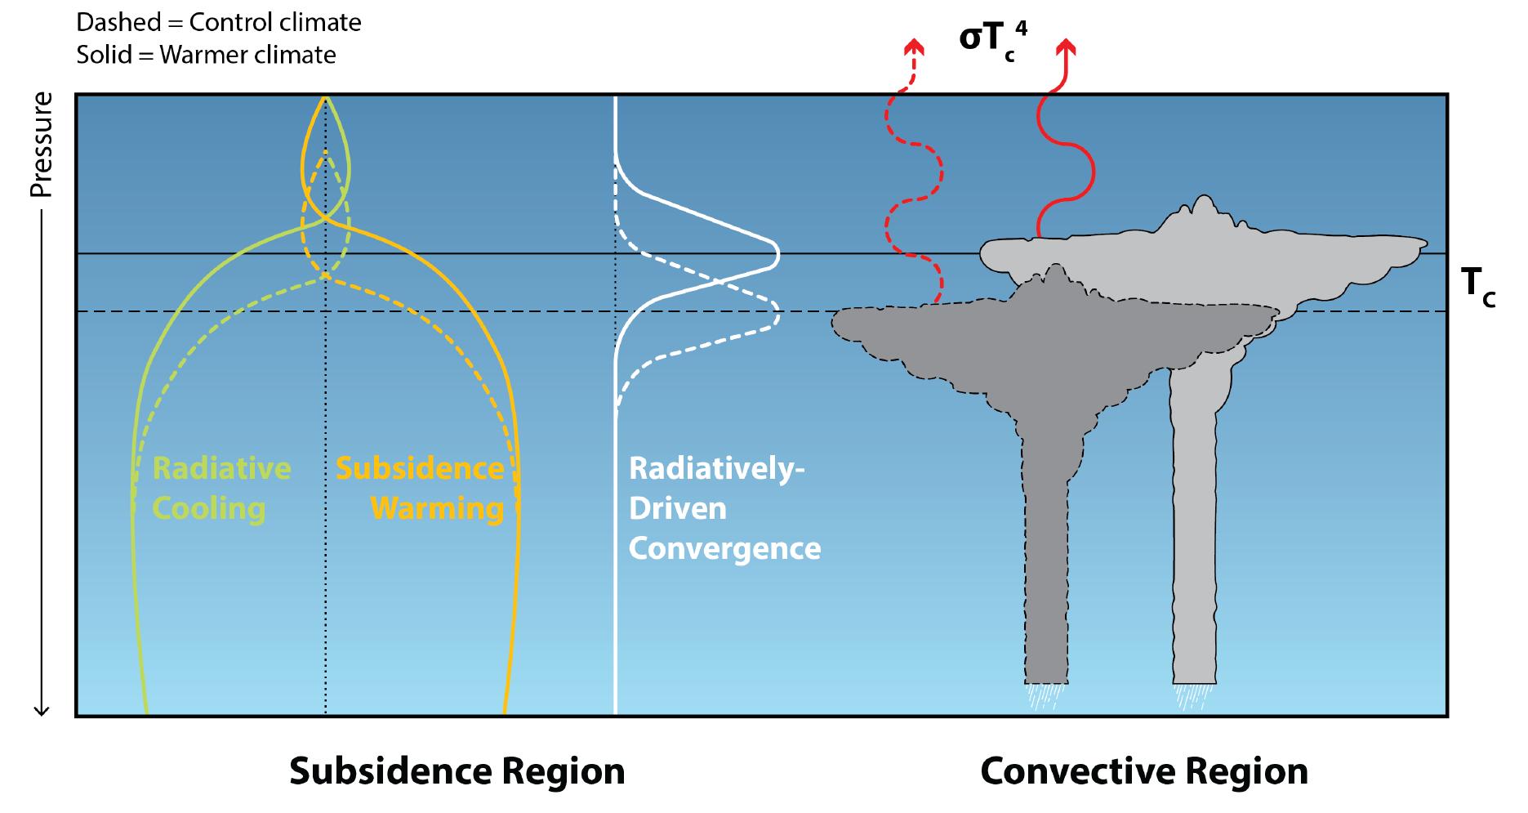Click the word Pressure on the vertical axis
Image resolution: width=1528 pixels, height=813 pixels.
(x=41, y=145)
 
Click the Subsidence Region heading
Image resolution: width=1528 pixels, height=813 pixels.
(x=457, y=771)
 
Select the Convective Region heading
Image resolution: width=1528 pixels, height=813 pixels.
(x=1143, y=771)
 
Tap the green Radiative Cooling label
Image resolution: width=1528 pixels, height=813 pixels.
(x=221, y=488)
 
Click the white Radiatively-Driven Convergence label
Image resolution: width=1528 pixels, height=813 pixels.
(x=724, y=508)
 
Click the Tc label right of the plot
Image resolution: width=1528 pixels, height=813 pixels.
(x=1477, y=287)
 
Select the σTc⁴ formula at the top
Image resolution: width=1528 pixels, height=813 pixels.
(x=991, y=41)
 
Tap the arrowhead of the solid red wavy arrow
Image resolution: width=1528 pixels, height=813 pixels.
(x=1065, y=47)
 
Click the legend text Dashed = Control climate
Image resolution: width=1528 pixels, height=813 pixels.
(x=219, y=22)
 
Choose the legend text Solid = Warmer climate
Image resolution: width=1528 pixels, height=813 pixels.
(x=206, y=55)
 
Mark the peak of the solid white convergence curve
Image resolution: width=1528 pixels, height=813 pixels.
(x=777, y=254)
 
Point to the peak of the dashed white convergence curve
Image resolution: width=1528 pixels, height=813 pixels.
(x=777, y=312)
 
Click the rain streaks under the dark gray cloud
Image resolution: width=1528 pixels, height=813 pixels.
(x=1045, y=697)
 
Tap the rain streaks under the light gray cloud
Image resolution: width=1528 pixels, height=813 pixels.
(x=1194, y=697)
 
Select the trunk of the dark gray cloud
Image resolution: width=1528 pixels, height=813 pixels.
(x=1045, y=572)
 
